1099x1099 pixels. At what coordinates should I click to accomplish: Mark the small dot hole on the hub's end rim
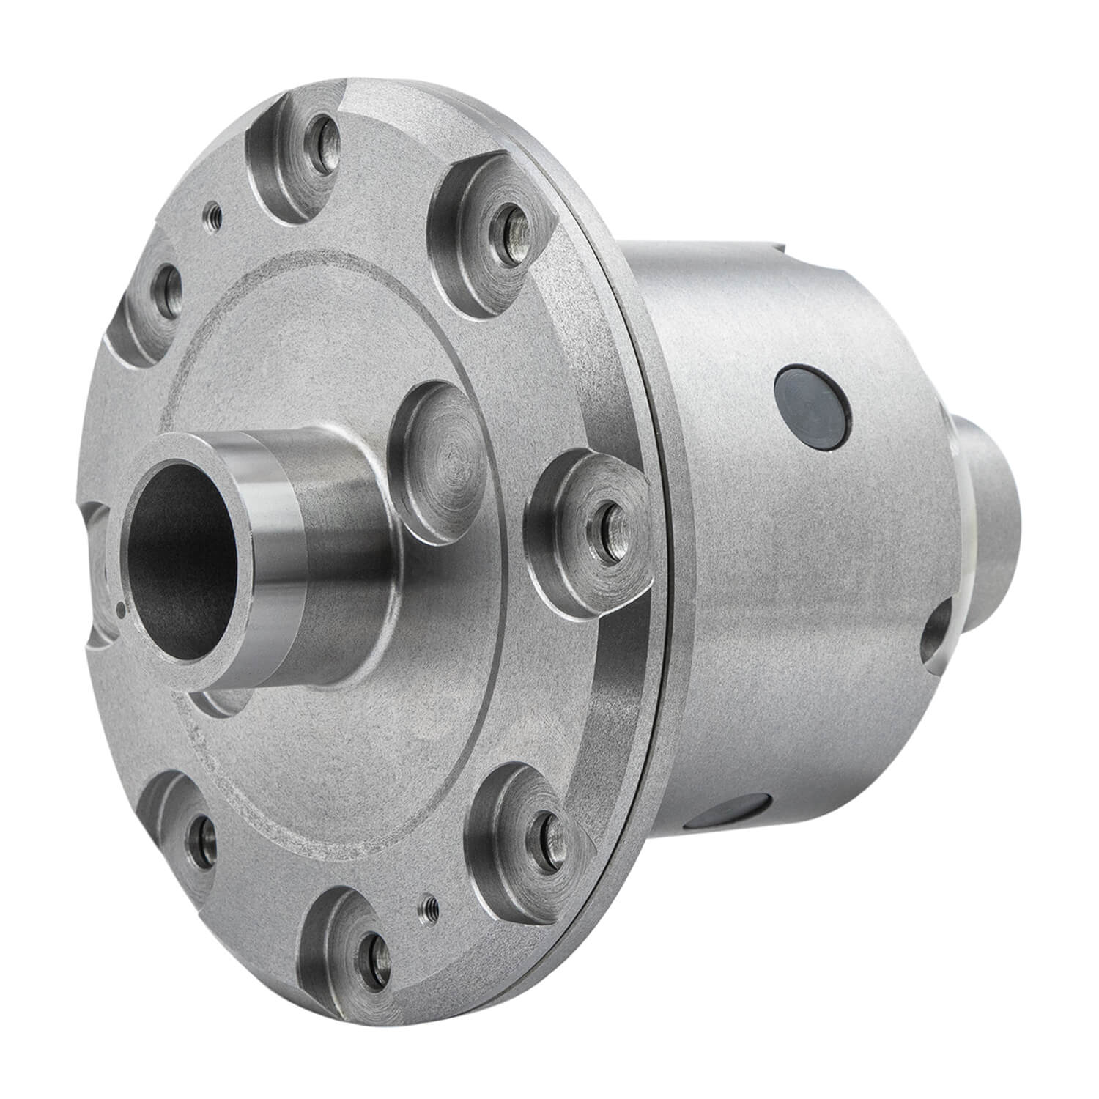(x=119, y=605)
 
